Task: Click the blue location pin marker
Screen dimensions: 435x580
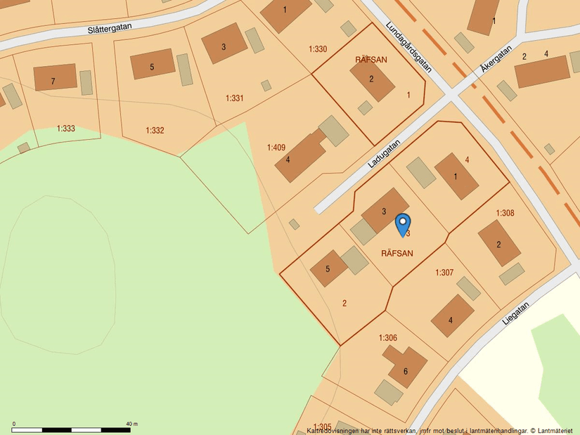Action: (x=403, y=224)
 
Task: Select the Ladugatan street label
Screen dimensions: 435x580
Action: (x=384, y=153)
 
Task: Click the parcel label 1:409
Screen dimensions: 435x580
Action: (x=276, y=148)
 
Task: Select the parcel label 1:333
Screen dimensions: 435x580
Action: (x=65, y=129)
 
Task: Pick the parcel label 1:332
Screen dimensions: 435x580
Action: (x=155, y=130)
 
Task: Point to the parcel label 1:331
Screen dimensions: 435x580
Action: (x=234, y=98)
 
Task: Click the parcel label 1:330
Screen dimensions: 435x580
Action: (x=318, y=49)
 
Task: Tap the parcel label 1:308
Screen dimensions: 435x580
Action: (x=505, y=213)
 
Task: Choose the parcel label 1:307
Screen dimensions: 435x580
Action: (x=444, y=273)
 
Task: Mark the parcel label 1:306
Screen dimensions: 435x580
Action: (x=388, y=338)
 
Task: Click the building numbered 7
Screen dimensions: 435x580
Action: (x=53, y=77)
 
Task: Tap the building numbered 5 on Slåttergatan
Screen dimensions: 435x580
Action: (x=152, y=64)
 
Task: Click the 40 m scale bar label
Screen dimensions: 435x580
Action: (x=131, y=424)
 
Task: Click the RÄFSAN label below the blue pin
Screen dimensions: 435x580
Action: (x=397, y=253)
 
